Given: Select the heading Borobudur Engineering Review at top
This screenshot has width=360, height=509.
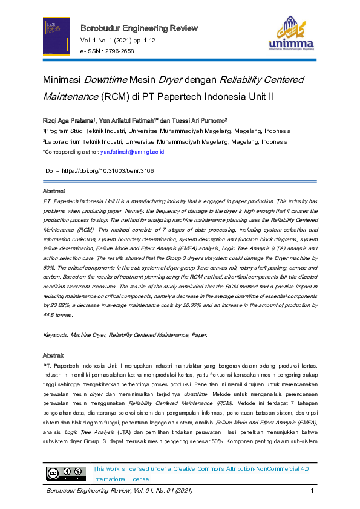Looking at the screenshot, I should [x=139, y=28].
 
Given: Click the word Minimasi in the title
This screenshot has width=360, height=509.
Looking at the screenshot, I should [x=62, y=80].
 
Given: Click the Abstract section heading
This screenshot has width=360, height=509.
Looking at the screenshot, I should [x=54, y=191].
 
